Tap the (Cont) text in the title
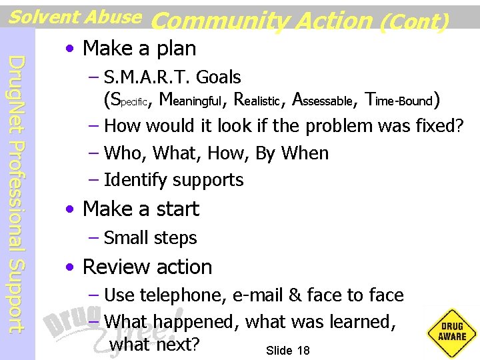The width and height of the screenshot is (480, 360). coord(413,21)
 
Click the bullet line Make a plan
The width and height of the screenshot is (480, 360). coord(139,48)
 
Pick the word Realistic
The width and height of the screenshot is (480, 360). coord(257,101)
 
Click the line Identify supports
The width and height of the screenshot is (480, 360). coord(174,180)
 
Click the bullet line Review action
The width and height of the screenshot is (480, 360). coord(147,267)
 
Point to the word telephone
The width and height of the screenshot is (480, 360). coord(170,295)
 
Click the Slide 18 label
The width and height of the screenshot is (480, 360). coord(287,351)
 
